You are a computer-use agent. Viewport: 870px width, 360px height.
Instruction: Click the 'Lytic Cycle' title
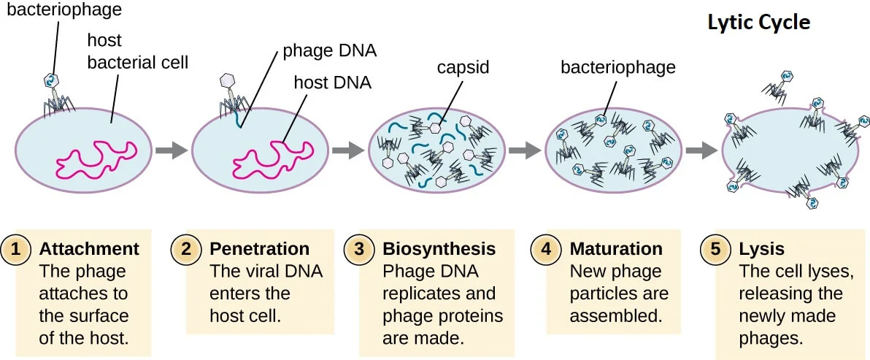pos(758,23)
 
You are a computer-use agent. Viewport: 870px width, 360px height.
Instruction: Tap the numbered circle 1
pos(15,249)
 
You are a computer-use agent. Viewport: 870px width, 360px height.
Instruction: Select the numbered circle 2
pos(186,249)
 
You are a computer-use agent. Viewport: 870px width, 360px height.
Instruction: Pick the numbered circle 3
pos(358,249)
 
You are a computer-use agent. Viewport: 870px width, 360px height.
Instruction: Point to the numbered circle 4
pos(545,249)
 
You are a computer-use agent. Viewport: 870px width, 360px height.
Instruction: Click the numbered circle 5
pos(715,249)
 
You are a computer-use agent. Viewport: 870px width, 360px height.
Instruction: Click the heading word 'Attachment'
pos(89,249)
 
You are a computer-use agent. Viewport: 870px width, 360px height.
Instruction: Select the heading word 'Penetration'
pos(259,249)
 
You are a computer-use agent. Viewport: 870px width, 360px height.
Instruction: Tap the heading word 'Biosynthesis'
pos(439,249)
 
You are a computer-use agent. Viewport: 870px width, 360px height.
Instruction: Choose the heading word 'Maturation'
pos(616,249)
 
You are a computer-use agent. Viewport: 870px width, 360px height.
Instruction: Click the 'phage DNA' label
pos(330,52)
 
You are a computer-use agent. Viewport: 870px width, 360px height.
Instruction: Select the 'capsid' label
pos(463,68)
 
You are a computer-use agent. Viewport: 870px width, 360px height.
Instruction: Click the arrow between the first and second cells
pos(172,150)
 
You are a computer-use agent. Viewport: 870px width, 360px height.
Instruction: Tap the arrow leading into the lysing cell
pos(701,150)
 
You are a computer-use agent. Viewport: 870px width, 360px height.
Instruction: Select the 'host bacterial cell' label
pos(138,51)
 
